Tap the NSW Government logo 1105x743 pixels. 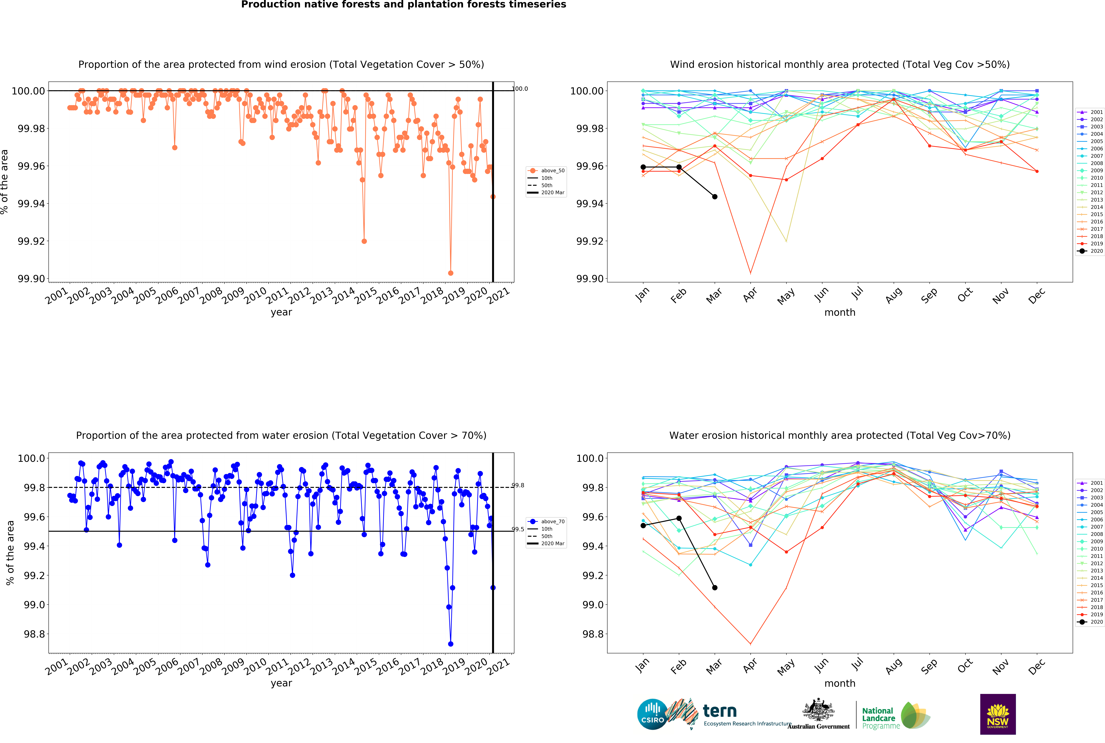[x=997, y=714]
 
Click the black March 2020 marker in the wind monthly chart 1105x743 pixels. [x=715, y=197]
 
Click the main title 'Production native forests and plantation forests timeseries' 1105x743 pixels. [x=404, y=5]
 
